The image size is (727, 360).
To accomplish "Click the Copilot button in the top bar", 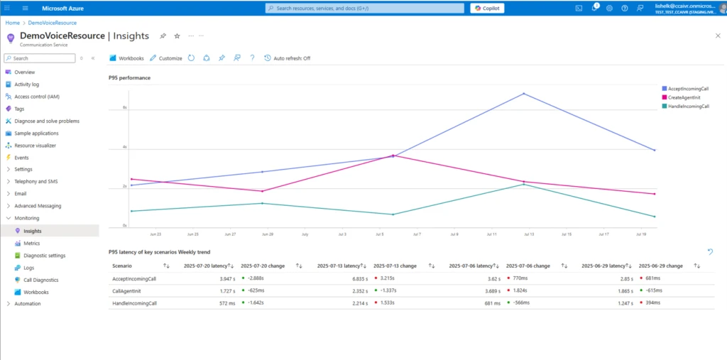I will (x=486, y=8).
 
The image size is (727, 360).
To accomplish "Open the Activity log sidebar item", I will (x=26, y=84).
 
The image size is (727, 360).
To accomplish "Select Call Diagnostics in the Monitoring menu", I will (x=41, y=280).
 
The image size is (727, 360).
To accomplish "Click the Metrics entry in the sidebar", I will (x=32, y=243).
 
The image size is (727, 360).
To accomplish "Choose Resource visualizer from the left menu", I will (x=35, y=145).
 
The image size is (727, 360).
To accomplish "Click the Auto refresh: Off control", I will (x=288, y=58).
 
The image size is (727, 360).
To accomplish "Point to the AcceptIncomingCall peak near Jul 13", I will (x=524, y=94).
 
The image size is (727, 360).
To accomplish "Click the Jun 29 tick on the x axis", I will (x=267, y=233).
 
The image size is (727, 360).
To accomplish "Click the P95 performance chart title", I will (x=129, y=77).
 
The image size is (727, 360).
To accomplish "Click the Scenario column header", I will (x=122, y=266).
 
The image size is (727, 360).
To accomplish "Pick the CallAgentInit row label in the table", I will (x=126, y=290).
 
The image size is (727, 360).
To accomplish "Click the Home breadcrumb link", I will (x=12, y=23).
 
